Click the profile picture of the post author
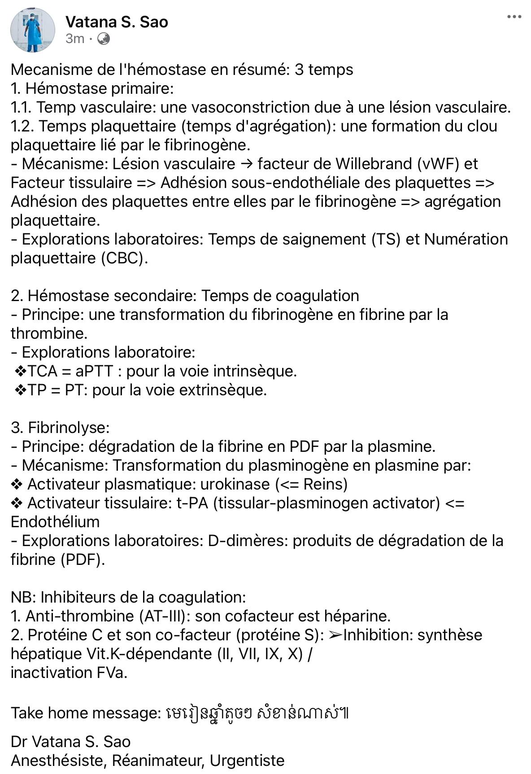pyautogui.click(x=32, y=30)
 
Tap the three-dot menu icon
pyautogui.click(x=514, y=17)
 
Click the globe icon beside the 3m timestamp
pyautogui.click(x=104, y=39)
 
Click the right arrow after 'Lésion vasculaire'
pyautogui.click(x=246, y=164)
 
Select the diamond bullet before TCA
pyautogui.click(x=21, y=371)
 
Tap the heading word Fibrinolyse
pyautogui.click(x=68, y=428)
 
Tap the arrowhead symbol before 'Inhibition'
pyautogui.click(x=335, y=635)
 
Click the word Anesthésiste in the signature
pyautogui.click(x=59, y=761)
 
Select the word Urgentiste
pyautogui.click(x=247, y=761)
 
